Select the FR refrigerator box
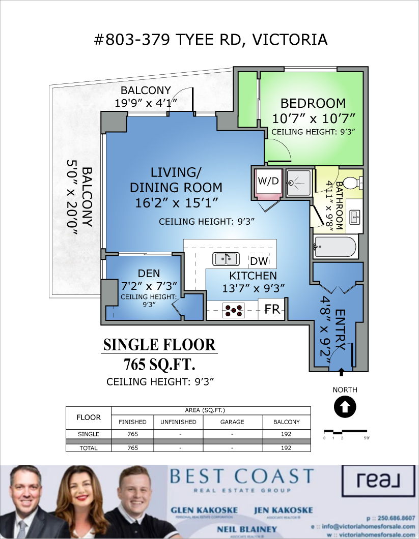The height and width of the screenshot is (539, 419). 272,309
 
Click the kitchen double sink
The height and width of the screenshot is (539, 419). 226,259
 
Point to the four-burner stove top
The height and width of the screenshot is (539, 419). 234,310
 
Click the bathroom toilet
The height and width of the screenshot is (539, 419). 351,183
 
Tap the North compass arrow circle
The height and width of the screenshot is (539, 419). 345,407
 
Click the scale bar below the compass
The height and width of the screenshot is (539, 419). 344,432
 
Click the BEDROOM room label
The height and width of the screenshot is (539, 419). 313,103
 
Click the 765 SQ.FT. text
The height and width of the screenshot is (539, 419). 160,365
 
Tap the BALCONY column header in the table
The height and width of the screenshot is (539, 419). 287,422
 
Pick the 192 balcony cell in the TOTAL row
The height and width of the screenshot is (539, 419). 287,448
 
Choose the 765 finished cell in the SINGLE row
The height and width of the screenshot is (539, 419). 132,434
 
